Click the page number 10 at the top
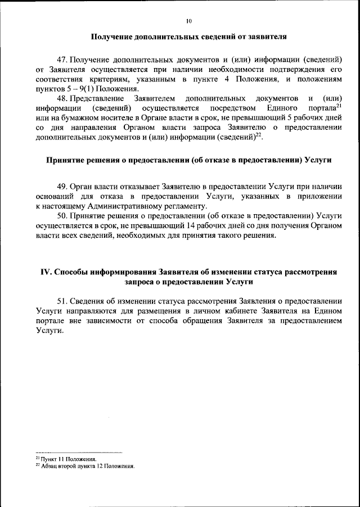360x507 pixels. coord(188,21)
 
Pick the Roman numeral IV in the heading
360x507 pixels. coord(47,272)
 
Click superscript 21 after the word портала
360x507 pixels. coord(339,105)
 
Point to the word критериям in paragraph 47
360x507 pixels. coord(110,79)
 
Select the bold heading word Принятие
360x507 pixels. coord(66,160)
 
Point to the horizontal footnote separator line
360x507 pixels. coord(79,452)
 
